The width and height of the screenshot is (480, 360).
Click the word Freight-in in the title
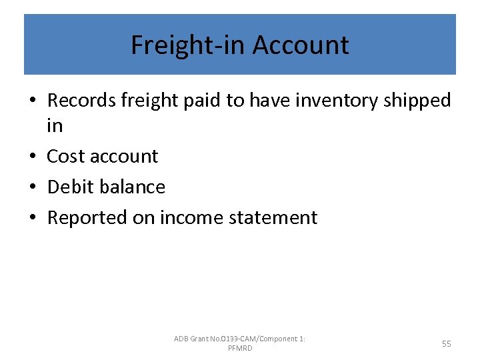(x=188, y=45)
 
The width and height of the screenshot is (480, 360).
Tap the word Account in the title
(x=301, y=45)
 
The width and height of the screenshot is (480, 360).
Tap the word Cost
(x=65, y=156)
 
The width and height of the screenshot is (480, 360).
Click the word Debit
(x=69, y=187)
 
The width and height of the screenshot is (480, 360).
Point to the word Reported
(x=88, y=217)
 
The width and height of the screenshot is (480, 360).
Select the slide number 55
(x=446, y=344)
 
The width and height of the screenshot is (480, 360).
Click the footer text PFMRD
(x=240, y=349)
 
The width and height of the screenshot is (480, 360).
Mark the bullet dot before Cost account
(x=33, y=157)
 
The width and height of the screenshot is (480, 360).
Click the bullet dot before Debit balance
(x=33, y=187)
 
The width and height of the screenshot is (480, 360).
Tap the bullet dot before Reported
(x=33, y=218)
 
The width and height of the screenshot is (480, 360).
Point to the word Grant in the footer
(x=200, y=339)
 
